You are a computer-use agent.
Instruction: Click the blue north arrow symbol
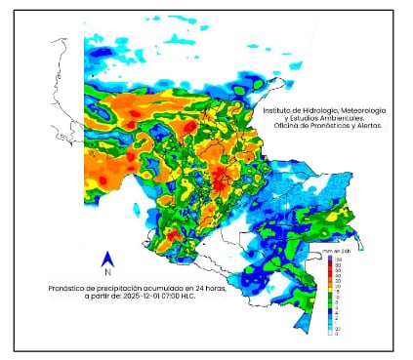[x=109, y=259]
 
